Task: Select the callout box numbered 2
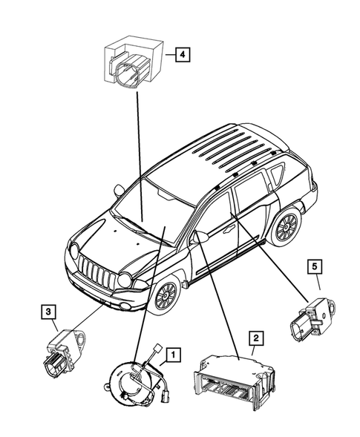[255, 339]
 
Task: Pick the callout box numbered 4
[181, 53]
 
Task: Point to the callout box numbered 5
[314, 264]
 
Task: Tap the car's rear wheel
[286, 226]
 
